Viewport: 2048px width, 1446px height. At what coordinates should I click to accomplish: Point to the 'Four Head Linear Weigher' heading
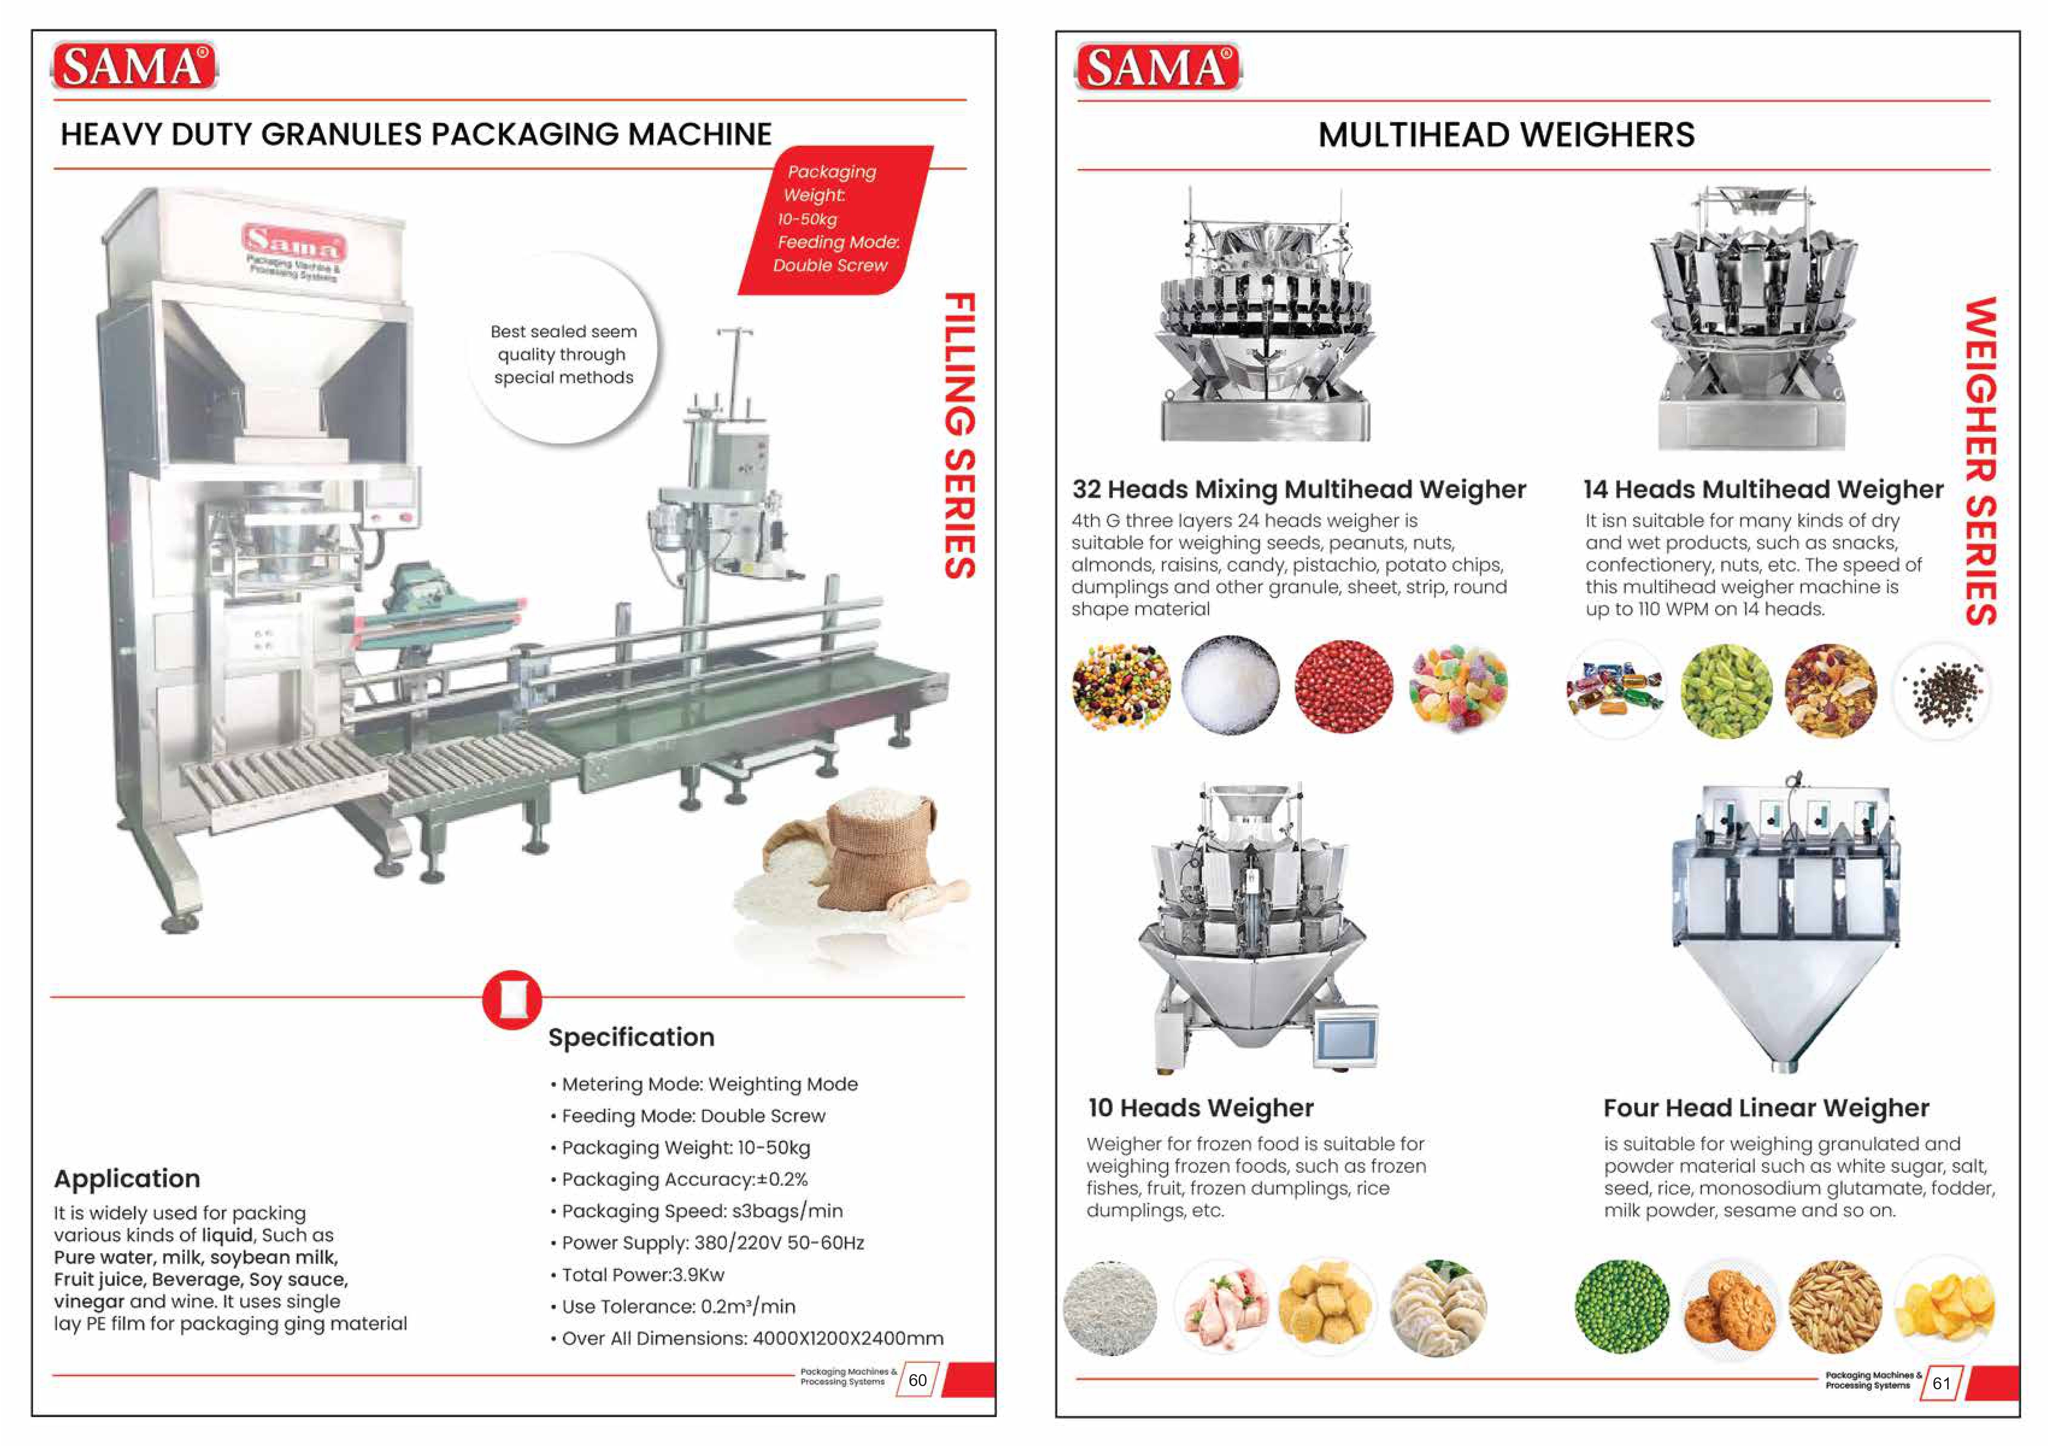[1766, 1108]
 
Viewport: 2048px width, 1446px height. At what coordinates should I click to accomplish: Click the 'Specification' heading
[632, 1038]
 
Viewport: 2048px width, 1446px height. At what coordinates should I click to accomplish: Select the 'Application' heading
[126, 1178]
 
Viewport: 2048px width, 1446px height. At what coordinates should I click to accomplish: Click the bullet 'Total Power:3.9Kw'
[642, 1275]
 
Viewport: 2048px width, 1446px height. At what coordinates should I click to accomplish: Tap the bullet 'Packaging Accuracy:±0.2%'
[684, 1179]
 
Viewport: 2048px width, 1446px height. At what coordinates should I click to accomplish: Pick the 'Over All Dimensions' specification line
[752, 1338]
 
